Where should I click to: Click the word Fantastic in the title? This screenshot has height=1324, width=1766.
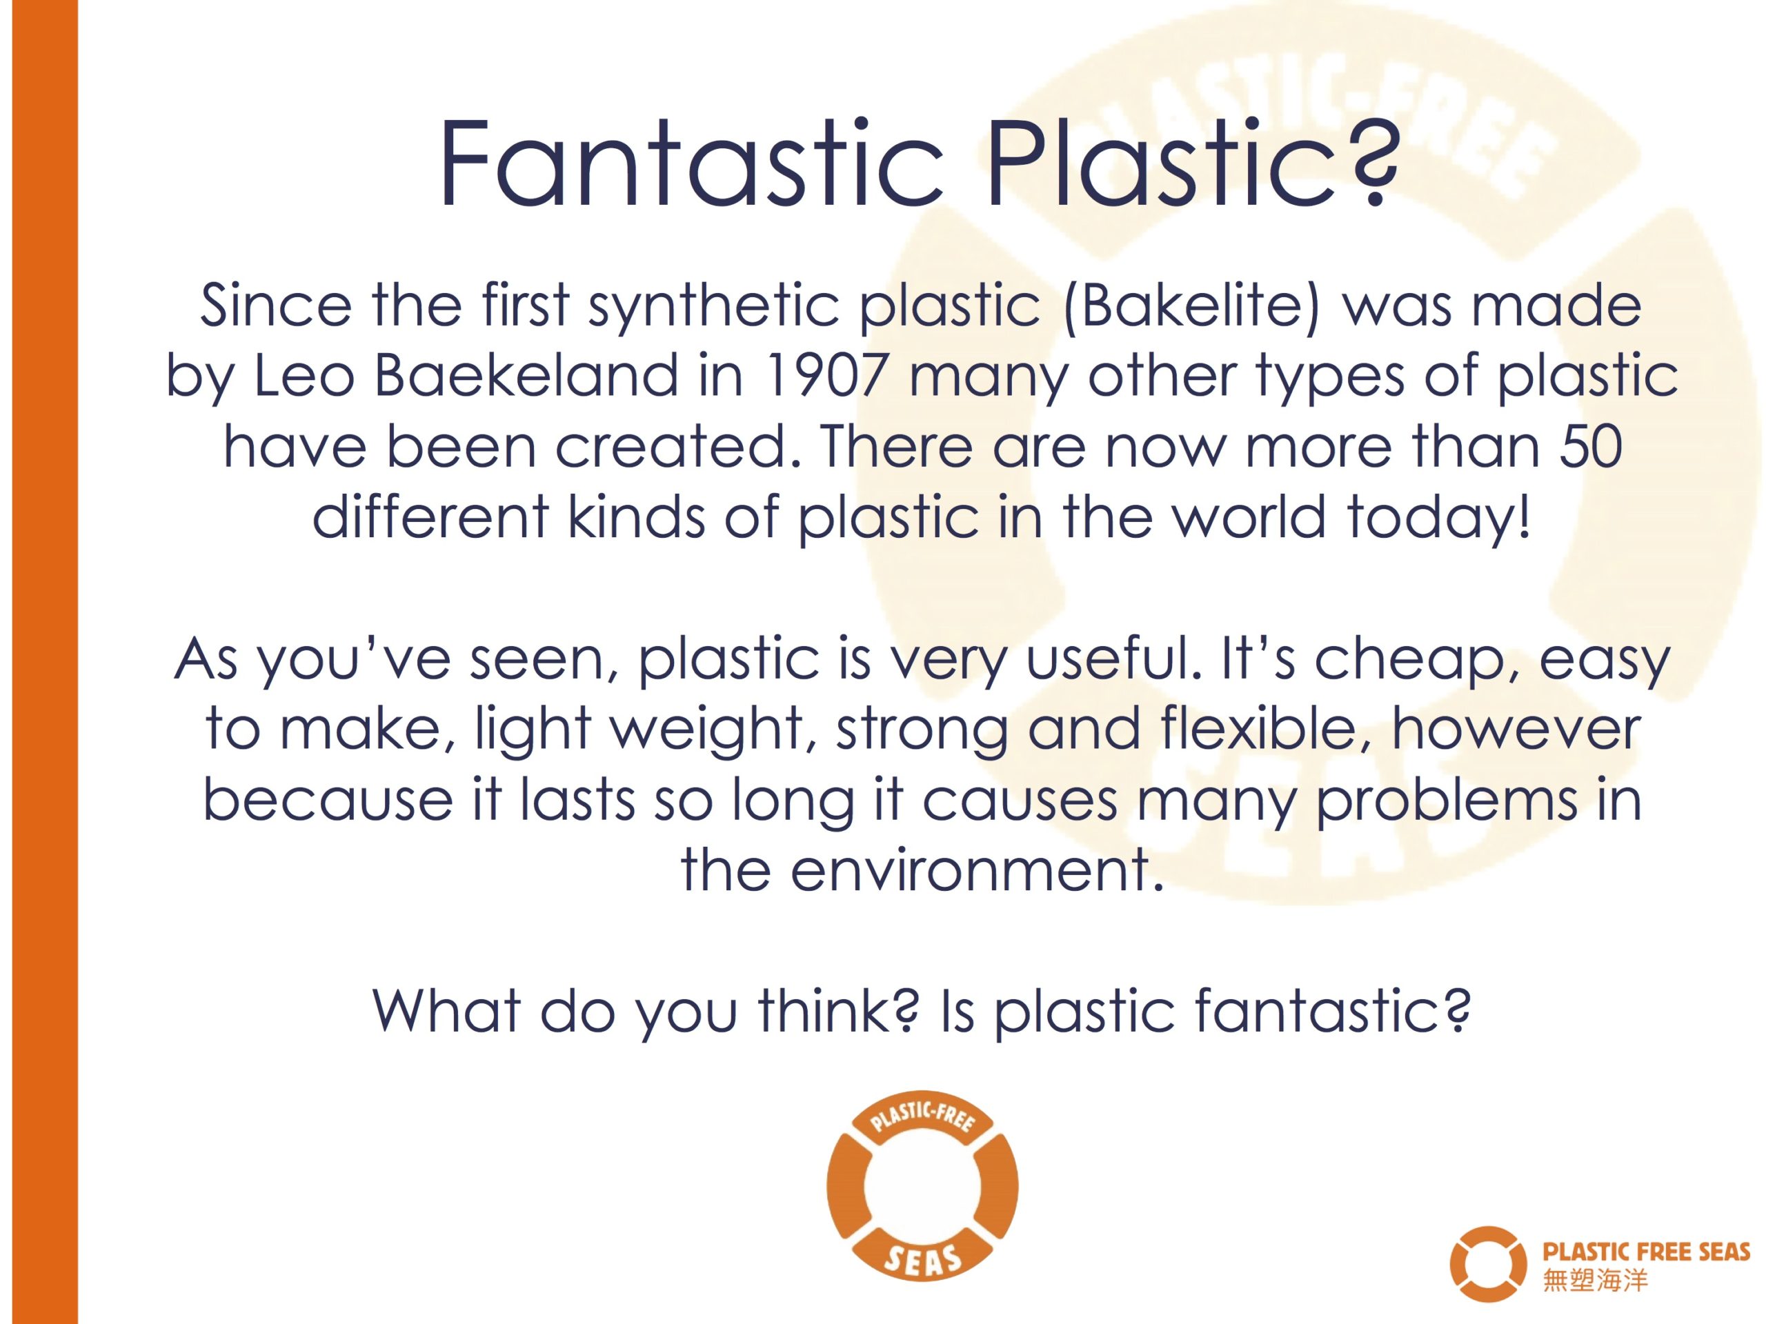pyautogui.click(x=691, y=163)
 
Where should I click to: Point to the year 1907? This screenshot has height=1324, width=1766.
pyautogui.click(x=826, y=376)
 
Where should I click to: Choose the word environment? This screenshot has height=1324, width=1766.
pyautogui.click(x=975, y=870)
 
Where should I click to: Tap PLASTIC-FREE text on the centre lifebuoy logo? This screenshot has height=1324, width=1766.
pyautogui.click(x=922, y=1118)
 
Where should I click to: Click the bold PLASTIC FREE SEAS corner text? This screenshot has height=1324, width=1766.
pyautogui.click(x=1646, y=1251)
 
